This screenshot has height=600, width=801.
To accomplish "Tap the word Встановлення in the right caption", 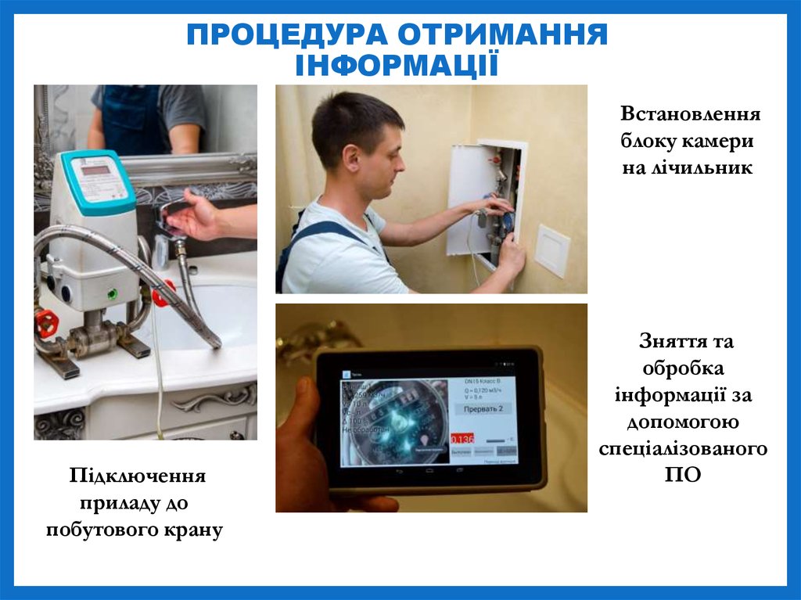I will click(x=691, y=114).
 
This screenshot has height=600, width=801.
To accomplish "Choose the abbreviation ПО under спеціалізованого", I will click(x=681, y=475).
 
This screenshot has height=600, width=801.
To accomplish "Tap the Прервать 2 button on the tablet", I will click(x=482, y=408).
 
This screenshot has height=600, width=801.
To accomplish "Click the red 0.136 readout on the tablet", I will click(x=462, y=438).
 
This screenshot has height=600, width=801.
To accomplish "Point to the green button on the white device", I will click(x=112, y=294).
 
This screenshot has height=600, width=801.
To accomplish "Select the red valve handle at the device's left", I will click(x=46, y=322).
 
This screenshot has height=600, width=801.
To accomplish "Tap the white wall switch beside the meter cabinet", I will click(x=552, y=250).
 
